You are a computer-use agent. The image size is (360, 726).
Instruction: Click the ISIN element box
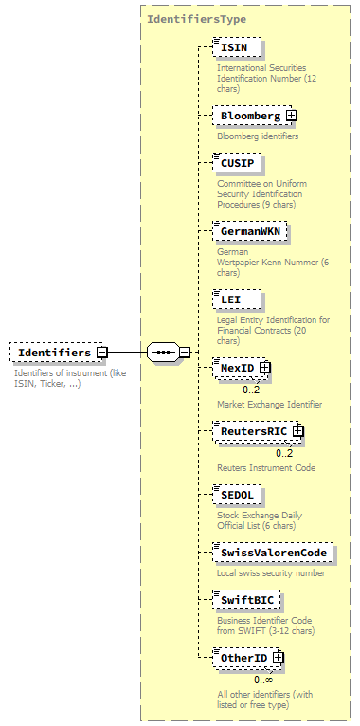point(237,47)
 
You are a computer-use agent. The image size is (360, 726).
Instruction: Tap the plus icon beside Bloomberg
point(291,116)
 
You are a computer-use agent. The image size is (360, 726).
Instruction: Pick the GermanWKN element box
point(251,230)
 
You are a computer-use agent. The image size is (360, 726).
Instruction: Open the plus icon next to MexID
point(265,367)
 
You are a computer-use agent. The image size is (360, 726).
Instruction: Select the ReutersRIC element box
point(252,431)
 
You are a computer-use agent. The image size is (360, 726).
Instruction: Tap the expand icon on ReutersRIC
point(297,431)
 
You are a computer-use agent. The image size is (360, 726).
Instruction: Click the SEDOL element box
point(239,495)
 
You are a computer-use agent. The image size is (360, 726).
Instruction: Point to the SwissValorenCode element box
point(273,553)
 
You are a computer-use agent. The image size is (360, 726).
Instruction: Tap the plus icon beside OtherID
point(278,657)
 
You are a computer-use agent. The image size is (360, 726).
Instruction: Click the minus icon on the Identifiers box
point(101,353)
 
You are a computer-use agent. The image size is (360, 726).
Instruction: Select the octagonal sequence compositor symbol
point(163,353)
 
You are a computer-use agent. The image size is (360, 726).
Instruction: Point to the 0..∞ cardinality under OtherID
point(263,680)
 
